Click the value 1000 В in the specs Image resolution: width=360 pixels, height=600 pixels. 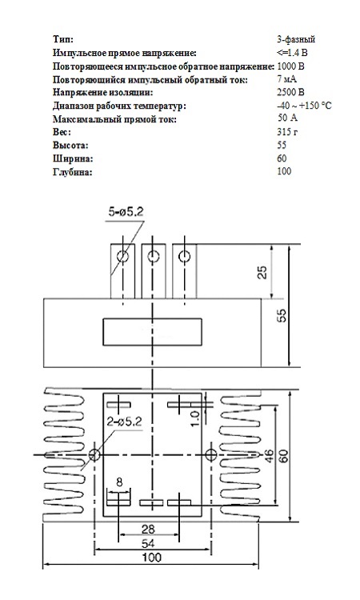tap(290, 66)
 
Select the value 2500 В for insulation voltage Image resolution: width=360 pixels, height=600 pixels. tap(290, 92)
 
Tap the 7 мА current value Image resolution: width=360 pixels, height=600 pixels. tap(287, 79)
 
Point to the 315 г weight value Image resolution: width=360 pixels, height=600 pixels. tap(287, 132)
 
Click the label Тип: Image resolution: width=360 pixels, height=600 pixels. tap(62, 39)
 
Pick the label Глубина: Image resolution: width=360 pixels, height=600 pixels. tap(73, 172)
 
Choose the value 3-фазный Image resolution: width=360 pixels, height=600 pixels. tap(296, 39)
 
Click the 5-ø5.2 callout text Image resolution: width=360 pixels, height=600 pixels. tap(126, 212)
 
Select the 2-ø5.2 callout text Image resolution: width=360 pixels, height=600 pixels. tap(124, 422)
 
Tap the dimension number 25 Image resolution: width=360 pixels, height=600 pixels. tap(262, 271)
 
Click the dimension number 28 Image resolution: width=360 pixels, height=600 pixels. tap(148, 529)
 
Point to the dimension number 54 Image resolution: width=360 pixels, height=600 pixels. tap(148, 543)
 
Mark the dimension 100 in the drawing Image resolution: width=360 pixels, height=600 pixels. tap(151, 557)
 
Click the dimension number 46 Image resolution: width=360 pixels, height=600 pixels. tap(270, 455)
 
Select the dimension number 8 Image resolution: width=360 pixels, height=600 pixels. tap(119, 482)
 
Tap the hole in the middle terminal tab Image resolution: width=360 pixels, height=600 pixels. tap(154, 256)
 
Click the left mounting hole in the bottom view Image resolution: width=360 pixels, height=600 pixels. tap(94, 454)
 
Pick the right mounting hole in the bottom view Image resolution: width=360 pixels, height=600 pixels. tap(211, 454)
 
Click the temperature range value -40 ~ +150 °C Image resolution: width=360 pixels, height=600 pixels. tap(304, 106)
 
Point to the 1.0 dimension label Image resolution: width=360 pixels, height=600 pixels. tap(194, 418)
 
